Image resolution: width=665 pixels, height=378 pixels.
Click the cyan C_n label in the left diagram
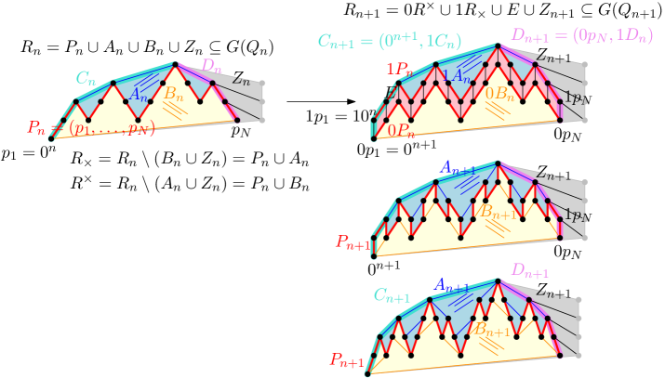pos(86,79)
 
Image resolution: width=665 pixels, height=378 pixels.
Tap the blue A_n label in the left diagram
pos(138,95)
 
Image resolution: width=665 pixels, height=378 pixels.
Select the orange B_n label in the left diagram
pos(173,93)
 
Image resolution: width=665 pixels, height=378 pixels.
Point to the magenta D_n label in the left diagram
pos(211,66)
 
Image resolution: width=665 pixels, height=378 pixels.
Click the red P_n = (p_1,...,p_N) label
pos(90,128)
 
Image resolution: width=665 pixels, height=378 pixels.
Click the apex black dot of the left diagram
pos(175,64)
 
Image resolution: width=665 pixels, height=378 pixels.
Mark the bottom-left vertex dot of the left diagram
pos(51,138)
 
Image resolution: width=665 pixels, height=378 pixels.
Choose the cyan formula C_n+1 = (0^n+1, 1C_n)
pos(389,41)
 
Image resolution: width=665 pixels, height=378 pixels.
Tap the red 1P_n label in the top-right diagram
pos(399,69)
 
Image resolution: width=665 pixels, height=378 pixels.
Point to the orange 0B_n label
pos(499,93)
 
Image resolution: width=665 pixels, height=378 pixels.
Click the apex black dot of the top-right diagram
pos(498,45)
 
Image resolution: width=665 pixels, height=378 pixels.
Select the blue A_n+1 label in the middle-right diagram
pos(458,168)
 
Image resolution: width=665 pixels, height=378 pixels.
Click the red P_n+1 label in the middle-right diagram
pos(353,242)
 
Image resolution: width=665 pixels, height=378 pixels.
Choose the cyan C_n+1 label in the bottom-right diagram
pos(392,297)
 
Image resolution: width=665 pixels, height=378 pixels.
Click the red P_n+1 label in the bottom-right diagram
pos(348,360)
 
